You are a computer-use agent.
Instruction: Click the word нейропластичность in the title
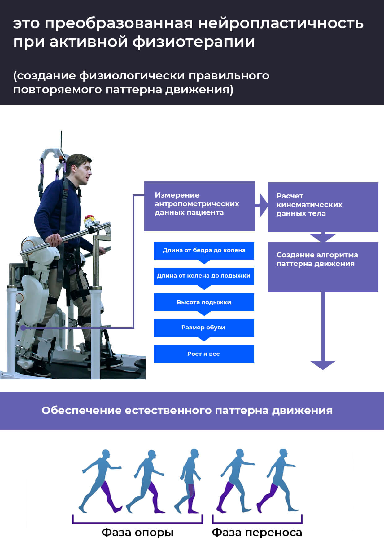[x=281, y=23]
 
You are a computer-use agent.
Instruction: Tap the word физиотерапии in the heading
[x=194, y=42]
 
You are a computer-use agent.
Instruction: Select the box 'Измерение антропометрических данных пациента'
[x=199, y=206]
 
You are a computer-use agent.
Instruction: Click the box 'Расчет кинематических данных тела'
[x=323, y=207]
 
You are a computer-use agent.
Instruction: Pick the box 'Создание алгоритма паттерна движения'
[x=323, y=267]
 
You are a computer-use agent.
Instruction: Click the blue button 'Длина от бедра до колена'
[x=204, y=250]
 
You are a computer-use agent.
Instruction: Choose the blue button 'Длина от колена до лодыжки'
[x=204, y=276]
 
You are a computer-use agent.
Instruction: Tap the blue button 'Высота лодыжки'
[x=204, y=302]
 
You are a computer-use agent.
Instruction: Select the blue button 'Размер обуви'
[x=204, y=328]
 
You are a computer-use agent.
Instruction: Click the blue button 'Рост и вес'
[x=204, y=354]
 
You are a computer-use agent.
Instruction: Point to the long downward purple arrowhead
[x=323, y=365]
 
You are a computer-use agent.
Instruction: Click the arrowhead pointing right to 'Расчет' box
[x=263, y=205]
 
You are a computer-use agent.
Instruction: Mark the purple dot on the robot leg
[x=23, y=328]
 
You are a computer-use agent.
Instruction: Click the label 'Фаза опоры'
[x=137, y=532]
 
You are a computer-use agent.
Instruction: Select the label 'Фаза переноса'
[x=257, y=532]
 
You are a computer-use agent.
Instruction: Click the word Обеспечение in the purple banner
[x=81, y=410]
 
